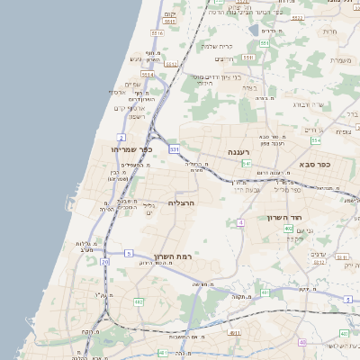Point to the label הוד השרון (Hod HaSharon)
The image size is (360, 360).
[288, 217]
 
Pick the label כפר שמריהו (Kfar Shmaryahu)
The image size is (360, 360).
[132, 149]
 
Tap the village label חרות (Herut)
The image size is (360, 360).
[330, 31]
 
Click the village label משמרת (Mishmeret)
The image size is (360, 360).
[340, 61]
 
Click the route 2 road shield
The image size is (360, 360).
[121, 137]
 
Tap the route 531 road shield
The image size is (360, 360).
[174, 148]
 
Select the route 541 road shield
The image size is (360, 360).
[246, 164]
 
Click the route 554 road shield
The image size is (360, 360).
[316, 140]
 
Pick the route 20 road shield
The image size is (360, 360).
[105, 261]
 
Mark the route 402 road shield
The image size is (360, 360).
[288, 229]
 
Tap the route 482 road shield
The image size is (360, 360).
[139, 301]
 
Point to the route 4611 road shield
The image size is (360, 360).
[234, 332]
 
